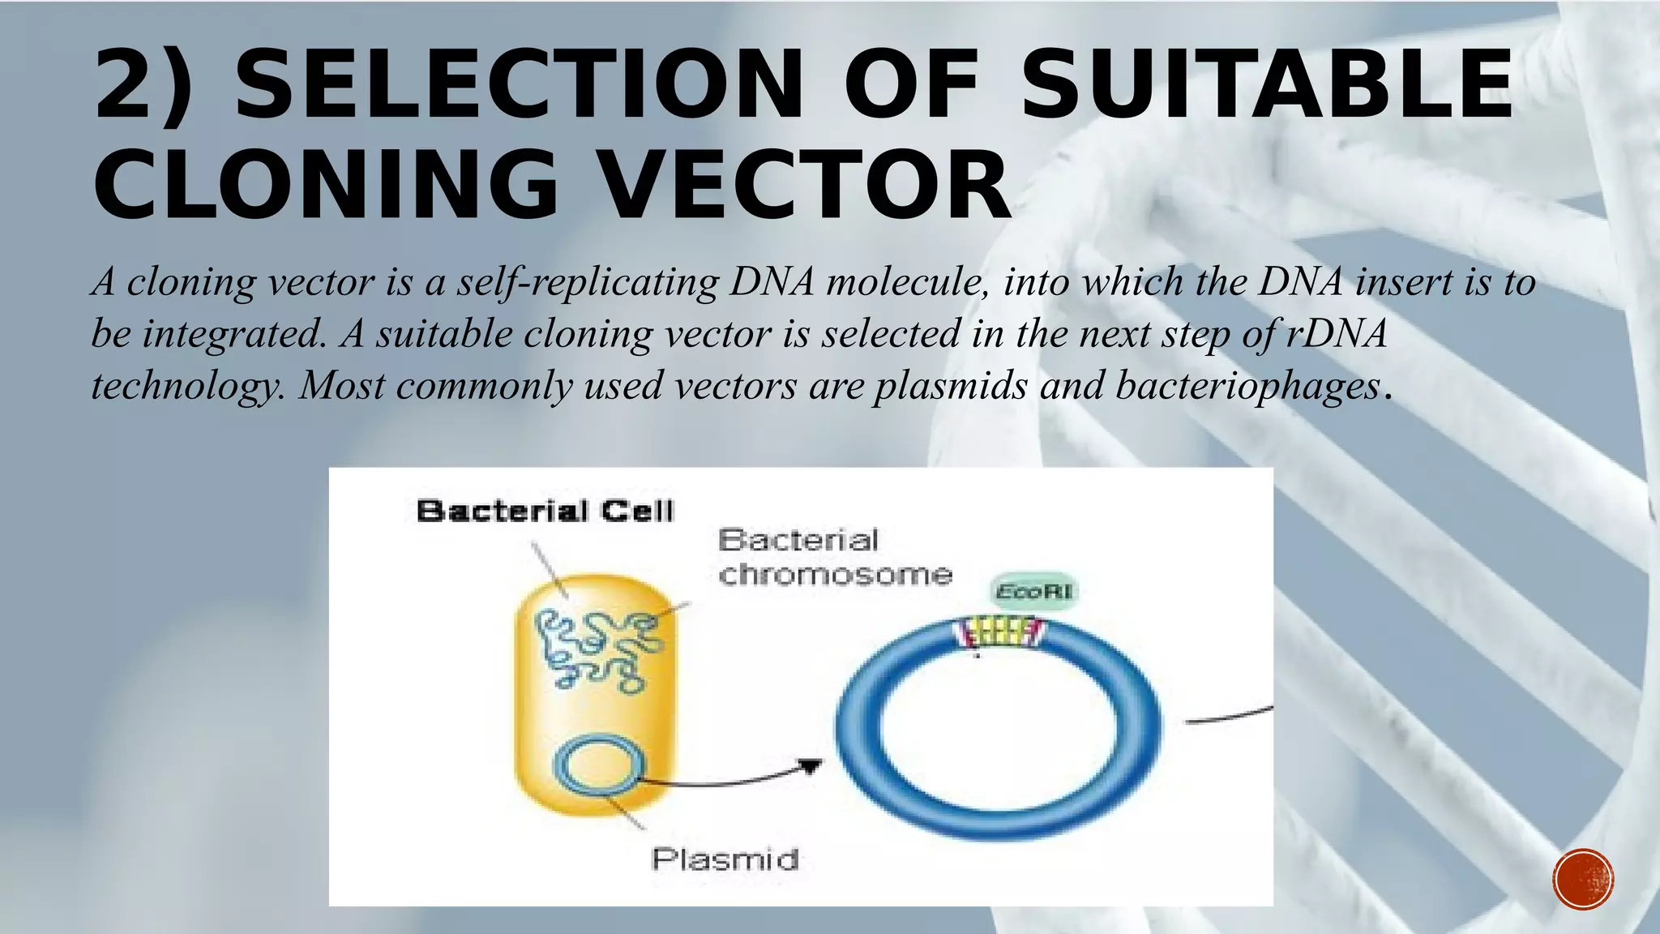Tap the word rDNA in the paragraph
pyautogui.click(x=1337, y=334)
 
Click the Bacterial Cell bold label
pyautogui.click(x=545, y=512)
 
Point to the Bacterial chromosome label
pyautogui.click(x=835, y=557)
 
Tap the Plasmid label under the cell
pyautogui.click(x=725, y=859)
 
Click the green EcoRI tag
pyautogui.click(x=1034, y=592)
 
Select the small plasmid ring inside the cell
pyautogui.click(x=599, y=766)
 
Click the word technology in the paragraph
pyautogui.click(x=186, y=386)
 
